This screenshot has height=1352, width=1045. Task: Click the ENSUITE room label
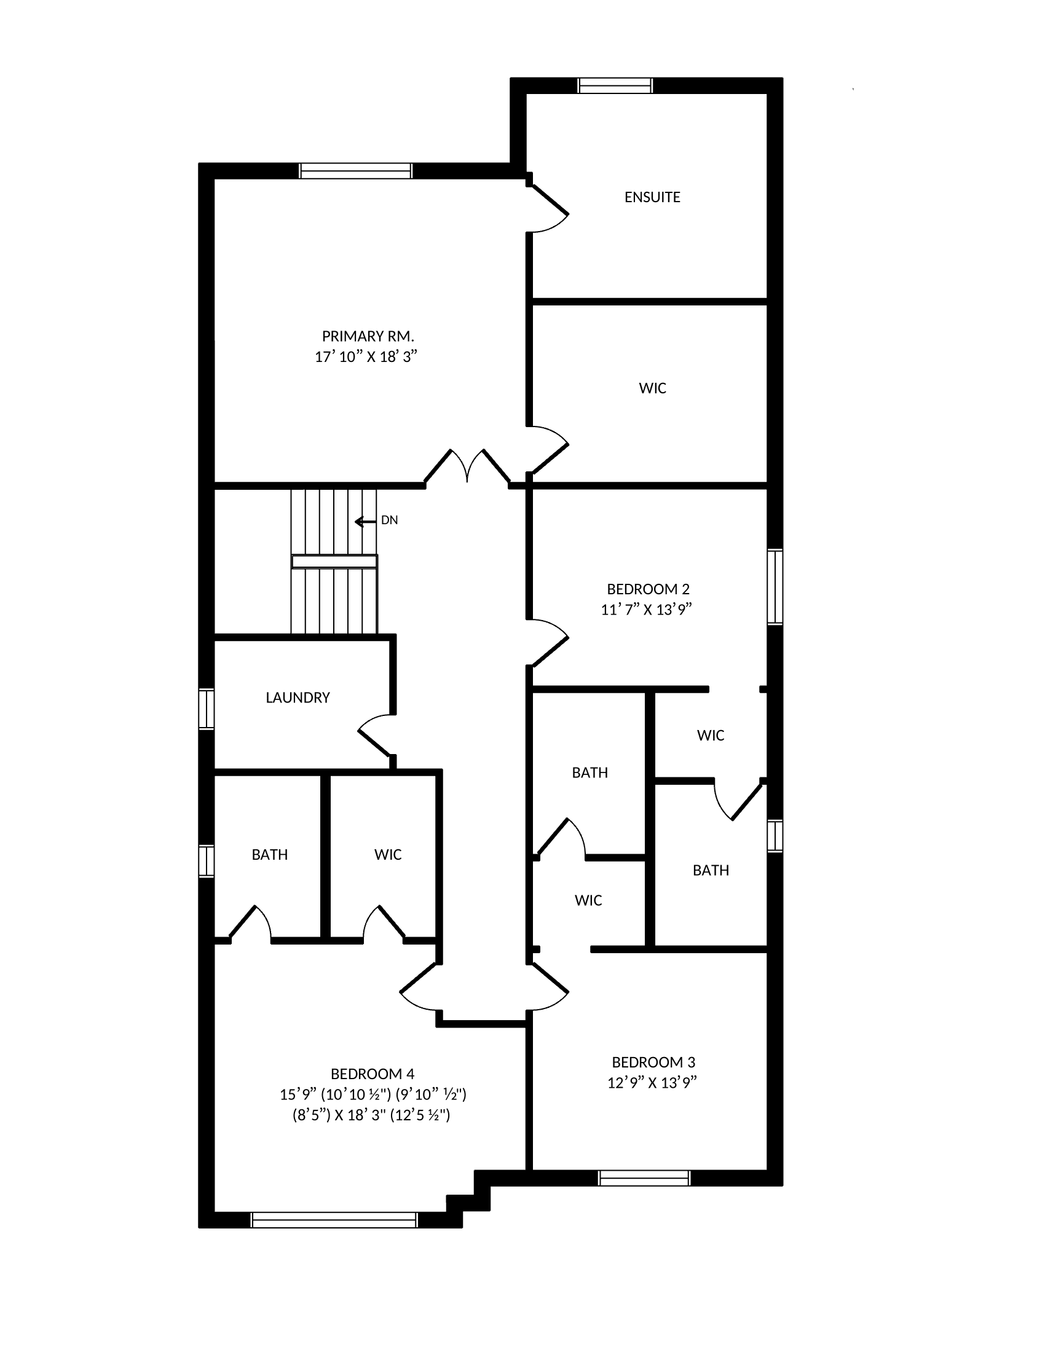[652, 197]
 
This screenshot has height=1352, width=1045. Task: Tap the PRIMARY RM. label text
[368, 336]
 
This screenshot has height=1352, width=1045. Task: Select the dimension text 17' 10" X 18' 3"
[366, 356]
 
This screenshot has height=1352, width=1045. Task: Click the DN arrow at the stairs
[365, 522]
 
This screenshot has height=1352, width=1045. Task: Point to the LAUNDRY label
[298, 698]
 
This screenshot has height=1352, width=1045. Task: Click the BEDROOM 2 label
[648, 589]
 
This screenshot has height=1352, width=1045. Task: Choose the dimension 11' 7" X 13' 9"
[646, 610]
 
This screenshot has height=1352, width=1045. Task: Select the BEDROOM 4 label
[373, 1074]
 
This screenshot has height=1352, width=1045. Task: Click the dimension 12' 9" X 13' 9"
[652, 1083]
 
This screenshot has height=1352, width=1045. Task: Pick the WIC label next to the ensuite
[652, 388]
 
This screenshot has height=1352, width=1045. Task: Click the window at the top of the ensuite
[615, 85]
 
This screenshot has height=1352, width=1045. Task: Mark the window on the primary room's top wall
[355, 171]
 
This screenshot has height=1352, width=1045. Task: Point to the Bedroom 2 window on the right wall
[775, 586]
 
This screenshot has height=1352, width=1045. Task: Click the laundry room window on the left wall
[206, 709]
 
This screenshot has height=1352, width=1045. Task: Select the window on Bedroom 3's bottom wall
[644, 1177]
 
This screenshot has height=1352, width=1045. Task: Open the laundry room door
[376, 736]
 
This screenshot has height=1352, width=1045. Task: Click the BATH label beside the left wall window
[270, 855]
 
